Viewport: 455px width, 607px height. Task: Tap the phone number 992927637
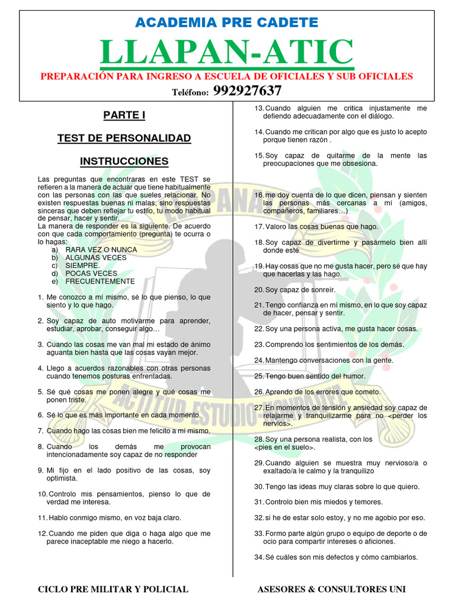[247, 91]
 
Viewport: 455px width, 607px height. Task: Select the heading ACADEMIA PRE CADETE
[227, 23]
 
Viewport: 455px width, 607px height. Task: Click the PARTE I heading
[124, 115]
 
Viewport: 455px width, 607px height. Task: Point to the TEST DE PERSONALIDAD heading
[124, 138]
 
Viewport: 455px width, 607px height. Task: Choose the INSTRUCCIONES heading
[124, 161]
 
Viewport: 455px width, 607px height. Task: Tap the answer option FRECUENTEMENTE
[100, 282]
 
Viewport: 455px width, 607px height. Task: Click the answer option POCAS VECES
[91, 273]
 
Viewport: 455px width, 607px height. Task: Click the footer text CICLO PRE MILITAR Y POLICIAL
[113, 589]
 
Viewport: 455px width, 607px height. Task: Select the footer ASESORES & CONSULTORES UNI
[332, 589]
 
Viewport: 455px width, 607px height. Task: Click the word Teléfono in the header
[190, 92]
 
